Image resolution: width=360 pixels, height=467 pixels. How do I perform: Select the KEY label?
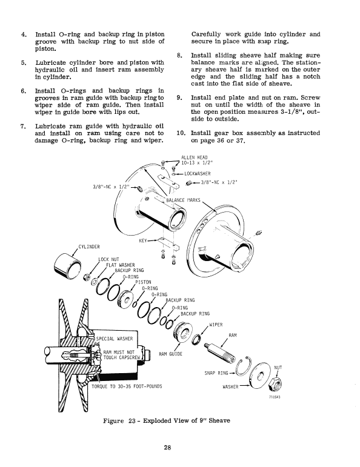pos(145,240)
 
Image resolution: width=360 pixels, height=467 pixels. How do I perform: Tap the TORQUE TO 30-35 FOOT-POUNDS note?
pos(130,386)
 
